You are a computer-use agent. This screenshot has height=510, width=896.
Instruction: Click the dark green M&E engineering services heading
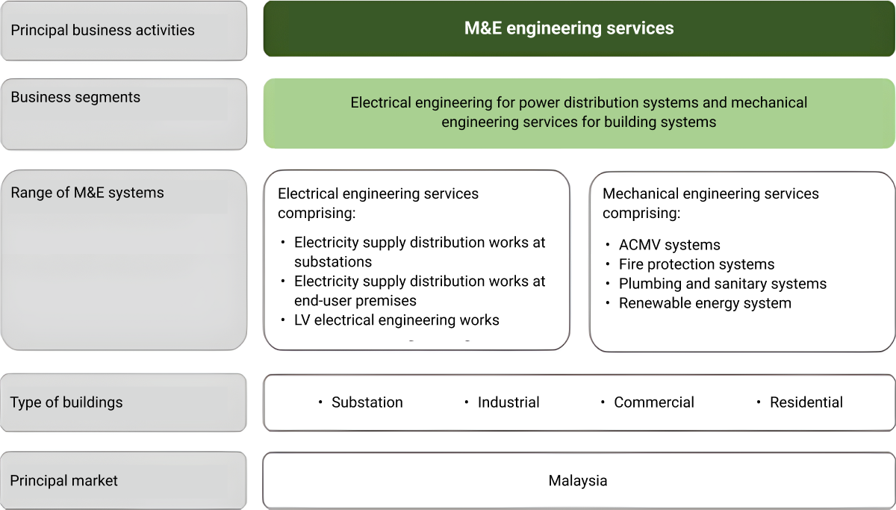tap(569, 28)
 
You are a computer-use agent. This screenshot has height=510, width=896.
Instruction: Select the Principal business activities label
tap(102, 31)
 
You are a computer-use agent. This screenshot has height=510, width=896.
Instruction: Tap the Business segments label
tap(75, 97)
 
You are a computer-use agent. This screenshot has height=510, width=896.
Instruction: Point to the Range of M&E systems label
tap(87, 193)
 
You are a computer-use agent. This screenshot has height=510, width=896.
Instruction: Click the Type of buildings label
tap(66, 402)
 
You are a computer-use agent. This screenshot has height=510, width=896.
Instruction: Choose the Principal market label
tap(64, 481)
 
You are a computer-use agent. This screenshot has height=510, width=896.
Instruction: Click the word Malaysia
tap(578, 481)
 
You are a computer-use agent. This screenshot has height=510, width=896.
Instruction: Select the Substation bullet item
tap(367, 402)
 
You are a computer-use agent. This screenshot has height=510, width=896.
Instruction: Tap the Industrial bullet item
tap(508, 402)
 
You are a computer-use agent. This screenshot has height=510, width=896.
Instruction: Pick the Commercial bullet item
tap(653, 402)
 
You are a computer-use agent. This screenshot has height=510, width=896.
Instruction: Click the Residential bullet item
tap(806, 402)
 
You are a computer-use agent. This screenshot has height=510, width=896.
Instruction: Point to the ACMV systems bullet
tap(669, 245)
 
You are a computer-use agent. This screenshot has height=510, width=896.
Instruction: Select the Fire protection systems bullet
tap(696, 264)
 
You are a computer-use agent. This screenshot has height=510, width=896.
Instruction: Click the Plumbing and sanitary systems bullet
tap(722, 284)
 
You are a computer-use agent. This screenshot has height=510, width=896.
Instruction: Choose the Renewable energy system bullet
tap(705, 303)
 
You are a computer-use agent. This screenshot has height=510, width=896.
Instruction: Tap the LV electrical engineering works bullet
tap(396, 320)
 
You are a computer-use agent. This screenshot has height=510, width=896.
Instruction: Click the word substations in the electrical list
tap(333, 262)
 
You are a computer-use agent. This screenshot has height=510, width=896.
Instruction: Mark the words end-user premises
tap(355, 301)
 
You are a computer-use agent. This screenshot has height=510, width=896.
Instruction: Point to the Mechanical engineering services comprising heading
tap(710, 203)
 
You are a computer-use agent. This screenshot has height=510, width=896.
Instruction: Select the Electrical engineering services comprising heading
tap(378, 203)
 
